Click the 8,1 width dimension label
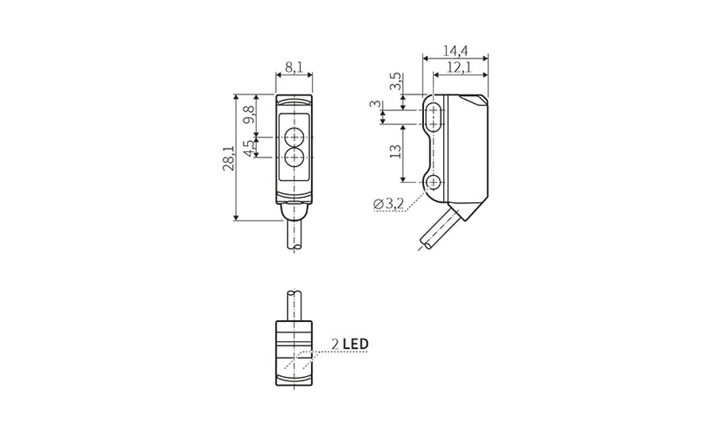[x=293, y=67]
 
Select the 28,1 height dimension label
[x=228, y=158]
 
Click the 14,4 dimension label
[x=455, y=51]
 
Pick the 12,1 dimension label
[x=460, y=68]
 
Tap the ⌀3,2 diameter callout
[x=388, y=204]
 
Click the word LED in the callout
[x=355, y=344]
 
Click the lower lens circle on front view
[x=294, y=158]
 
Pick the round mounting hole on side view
[x=433, y=182]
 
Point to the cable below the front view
[x=294, y=236]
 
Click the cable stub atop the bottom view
[x=294, y=306]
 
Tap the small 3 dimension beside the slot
[x=377, y=105]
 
